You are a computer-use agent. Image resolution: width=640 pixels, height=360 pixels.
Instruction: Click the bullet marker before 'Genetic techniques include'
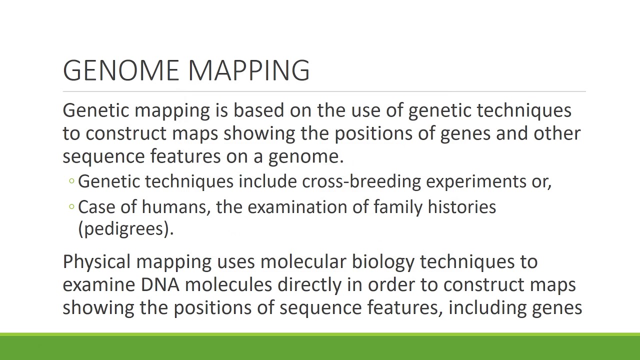(72, 181)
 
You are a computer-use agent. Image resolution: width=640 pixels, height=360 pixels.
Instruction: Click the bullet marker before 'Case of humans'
(72, 206)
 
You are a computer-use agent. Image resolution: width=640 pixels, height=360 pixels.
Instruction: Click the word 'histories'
(461, 207)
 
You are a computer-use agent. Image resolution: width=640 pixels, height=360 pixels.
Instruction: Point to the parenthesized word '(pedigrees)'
(125, 229)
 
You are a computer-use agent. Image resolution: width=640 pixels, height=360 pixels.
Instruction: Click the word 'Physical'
(96, 262)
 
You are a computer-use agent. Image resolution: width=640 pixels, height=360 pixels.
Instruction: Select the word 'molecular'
(303, 261)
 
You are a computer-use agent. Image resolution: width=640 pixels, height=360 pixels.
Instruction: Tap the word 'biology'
(383, 262)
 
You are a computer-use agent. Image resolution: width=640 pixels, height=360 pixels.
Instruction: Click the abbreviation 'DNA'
(160, 285)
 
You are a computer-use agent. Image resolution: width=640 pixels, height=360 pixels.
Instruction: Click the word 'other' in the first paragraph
(557, 133)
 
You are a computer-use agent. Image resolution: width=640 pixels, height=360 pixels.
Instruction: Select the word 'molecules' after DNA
(228, 285)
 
